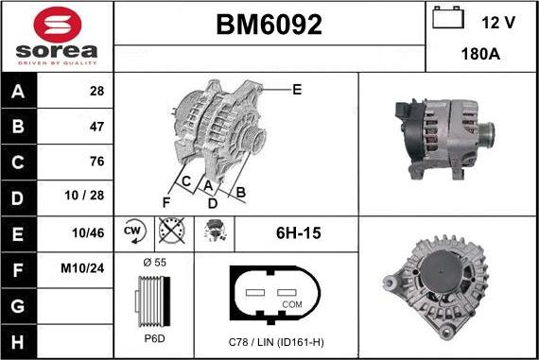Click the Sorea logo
click(x=57, y=36)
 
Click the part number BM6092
click(x=269, y=26)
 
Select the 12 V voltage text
click(x=496, y=21)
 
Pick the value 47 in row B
click(x=96, y=126)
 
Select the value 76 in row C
click(x=96, y=161)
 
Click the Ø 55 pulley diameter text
click(x=154, y=261)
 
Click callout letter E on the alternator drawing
click(x=297, y=90)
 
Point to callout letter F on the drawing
click(x=166, y=201)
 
